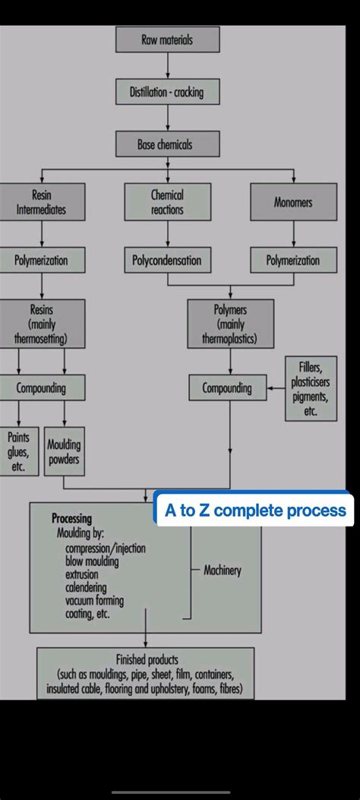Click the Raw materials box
point(167,40)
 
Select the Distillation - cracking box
point(167,92)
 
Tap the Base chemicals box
point(167,144)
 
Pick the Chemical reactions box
point(167,202)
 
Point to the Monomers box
point(293,202)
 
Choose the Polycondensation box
point(167,261)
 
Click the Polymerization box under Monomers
point(293,261)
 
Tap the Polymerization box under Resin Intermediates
point(42,261)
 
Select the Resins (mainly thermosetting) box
point(42,324)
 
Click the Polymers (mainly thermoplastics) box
point(230,324)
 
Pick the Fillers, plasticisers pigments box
point(310,388)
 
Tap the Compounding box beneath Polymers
point(226,388)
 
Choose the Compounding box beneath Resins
point(42,388)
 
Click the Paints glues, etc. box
point(18,451)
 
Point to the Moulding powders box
point(64,453)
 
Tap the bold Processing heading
point(71,519)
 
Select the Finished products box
point(146,673)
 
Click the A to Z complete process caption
point(255,511)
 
